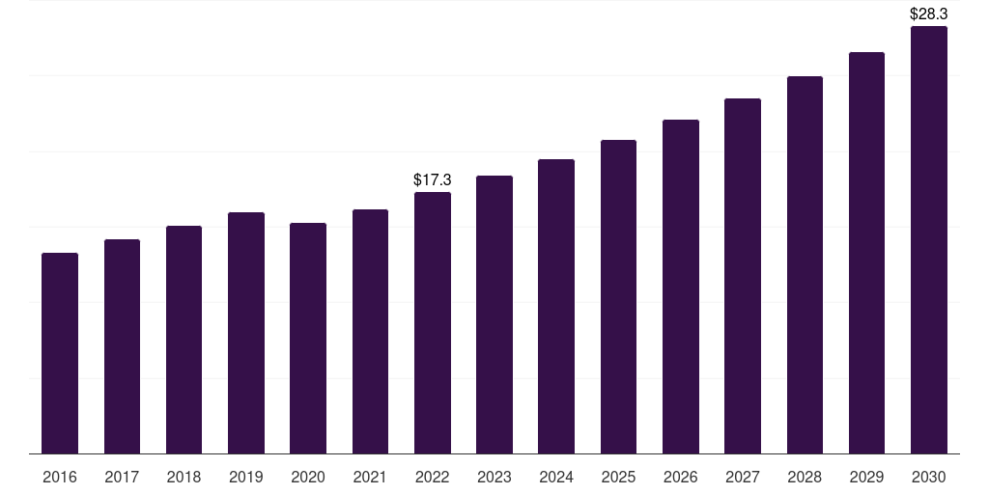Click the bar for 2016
[x=60, y=353]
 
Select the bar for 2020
[x=308, y=339]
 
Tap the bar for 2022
[x=433, y=323]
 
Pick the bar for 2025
[x=619, y=297]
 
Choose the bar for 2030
[x=929, y=240]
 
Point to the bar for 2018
[x=184, y=340]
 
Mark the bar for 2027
[x=743, y=276]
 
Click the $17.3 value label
[x=433, y=180]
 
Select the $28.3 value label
[x=928, y=14]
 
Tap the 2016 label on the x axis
[x=60, y=478]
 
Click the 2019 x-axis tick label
[x=246, y=478]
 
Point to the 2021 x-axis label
[x=370, y=478]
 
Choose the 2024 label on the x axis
[x=556, y=478]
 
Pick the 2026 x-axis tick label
[x=681, y=478]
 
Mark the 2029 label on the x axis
[x=866, y=478]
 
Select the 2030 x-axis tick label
[x=929, y=478]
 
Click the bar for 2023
[x=494, y=316]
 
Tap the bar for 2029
[x=866, y=254]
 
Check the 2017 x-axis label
[x=122, y=478]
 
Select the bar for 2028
[x=805, y=265]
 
